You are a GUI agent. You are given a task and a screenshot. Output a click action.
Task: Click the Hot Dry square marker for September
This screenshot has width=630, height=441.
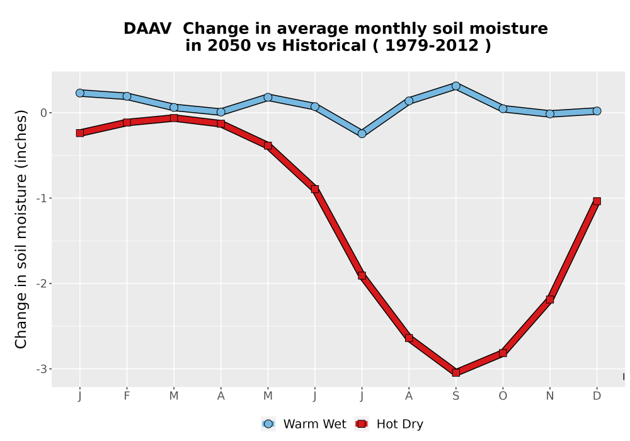[455, 373]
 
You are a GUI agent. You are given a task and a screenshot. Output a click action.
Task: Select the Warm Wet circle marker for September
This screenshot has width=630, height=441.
[455, 86]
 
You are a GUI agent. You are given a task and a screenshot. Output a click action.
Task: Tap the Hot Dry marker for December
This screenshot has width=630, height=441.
[597, 201]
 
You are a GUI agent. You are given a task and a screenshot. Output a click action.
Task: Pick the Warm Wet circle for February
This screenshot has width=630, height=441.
[127, 96]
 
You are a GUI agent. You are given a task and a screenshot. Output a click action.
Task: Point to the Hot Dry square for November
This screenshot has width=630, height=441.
[549, 299]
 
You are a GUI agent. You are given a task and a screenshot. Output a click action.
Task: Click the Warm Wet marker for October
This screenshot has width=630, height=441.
[503, 108]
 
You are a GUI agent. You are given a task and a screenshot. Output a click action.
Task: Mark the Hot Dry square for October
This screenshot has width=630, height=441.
[503, 353]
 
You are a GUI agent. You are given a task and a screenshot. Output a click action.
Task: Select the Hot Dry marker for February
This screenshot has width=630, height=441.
[127, 122]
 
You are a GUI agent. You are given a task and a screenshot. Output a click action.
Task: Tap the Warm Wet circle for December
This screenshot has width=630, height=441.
[597, 111]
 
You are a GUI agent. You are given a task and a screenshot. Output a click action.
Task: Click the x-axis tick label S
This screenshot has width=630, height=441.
[455, 396]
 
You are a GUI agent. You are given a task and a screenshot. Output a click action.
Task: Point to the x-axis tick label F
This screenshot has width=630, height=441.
[127, 396]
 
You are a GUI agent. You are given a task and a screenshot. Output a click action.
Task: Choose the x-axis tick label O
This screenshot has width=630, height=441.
[503, 396]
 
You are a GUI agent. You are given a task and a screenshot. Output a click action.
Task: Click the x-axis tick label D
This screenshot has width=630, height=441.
[597, 396]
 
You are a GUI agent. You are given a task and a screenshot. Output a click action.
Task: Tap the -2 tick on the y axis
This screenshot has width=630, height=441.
[41, 283]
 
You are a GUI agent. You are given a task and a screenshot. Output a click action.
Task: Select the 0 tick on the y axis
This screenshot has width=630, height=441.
[44, 113]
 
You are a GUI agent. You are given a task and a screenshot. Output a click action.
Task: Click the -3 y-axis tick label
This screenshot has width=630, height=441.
[41, 369]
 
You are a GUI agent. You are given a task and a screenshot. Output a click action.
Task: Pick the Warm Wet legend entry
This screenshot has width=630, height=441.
[304, 424]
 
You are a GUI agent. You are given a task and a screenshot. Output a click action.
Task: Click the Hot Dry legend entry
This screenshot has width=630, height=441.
[389, 424]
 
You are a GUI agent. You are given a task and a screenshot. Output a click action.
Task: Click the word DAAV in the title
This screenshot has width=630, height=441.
[147, 28]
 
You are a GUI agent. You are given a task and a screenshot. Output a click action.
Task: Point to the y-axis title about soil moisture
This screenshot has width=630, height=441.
[21, 229]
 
